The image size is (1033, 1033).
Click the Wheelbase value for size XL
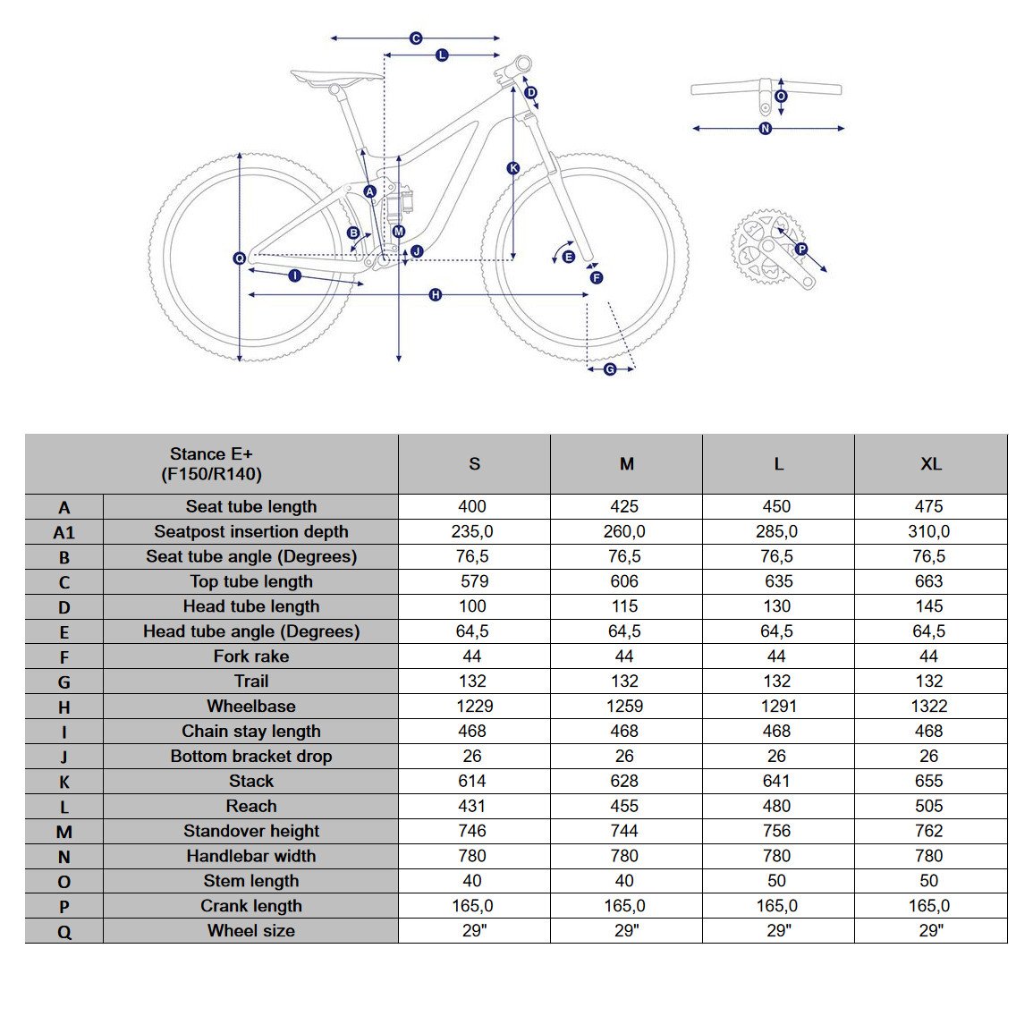pyautogui.click(x=929, y=707)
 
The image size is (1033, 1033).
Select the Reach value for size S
pyautogui.click(x=472, y=806)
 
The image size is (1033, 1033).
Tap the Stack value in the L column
pyautogui.click(x=776, y=781)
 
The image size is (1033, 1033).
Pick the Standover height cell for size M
pyautogui.click(x=624, y=831)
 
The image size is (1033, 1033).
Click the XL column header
pyautogui.click(x=931, y=464)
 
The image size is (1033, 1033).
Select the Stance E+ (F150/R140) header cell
pyautogui.click(x=211, y=464)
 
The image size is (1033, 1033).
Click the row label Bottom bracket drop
pyautogui.click(x=251, y=757)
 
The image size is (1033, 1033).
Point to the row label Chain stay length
pyautogui.click(x=251, y=732)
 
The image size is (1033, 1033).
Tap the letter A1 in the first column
pyautogui.click(x=64, y=532)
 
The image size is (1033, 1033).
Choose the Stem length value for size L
pyautogui.click(x=776, y=881)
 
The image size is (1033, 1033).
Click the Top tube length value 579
pyautogui.click(x=474, y=581)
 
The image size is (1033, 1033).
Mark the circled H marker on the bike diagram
pyautogui.click(x=436, y=295)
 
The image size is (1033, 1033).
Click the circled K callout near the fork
pyautogui.click(x=513, y=168)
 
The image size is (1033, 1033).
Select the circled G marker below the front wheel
pyautogui.click(x=610, y=369)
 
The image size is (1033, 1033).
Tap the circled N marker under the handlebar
pyautogui.click(x=765, y=129)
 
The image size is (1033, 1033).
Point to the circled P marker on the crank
pyautogui.click(x=801, y=249)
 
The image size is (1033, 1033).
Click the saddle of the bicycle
pyautogui.click(x=336, y=78)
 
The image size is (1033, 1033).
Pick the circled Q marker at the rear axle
pyautogui.click(x=240, y=258)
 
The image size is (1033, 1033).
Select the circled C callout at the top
pyautogui.click(x=416, y=38)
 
